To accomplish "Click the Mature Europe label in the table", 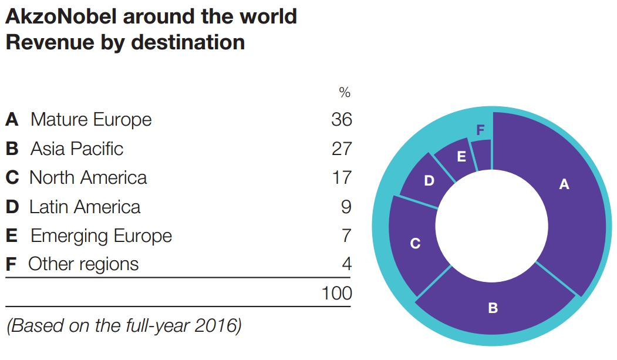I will click(x=91, y=120).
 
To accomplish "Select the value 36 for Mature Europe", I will click(x=341, y=120).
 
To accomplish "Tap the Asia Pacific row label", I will click(x=77, y=149).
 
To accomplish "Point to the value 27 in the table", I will click(x=341, y=149).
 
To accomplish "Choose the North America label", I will click(x=88, y=177).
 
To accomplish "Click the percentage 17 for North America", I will click(x=341, y=177).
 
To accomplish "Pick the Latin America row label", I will click(x=85, y=207).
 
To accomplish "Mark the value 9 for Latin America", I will click(x=346, y=207).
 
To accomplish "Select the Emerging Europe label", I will click(x=101, y=235).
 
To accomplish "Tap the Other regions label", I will click(x=83, y=264).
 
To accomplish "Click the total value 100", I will click(x=336, y=292).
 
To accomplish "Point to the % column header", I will click(x=344, y=93).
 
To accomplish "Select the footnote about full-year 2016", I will click(x=124, y=326).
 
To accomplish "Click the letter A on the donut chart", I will click(x=564, y=184).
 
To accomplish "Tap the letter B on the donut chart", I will click(x=493, y=307).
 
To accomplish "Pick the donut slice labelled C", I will click(x=414, y=243).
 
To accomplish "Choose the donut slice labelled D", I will click(x=429, y=181).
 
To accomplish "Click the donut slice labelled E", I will click(x=461, y=156).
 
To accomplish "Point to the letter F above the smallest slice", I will click(x=480, y=130).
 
